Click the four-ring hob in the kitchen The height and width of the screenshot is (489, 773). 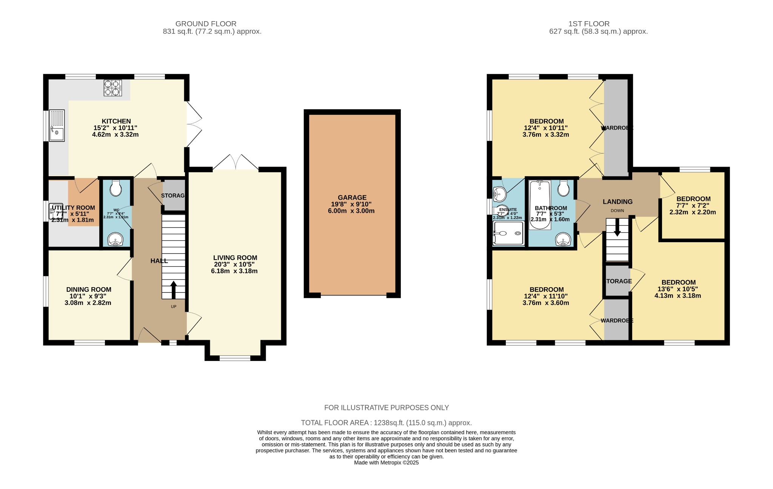click(x=113, y=88)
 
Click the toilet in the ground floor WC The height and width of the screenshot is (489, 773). click(x=115, y=188)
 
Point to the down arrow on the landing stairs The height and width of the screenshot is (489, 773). click(x=617, y=228)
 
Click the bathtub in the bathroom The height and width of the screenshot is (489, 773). click(x=540, y=205)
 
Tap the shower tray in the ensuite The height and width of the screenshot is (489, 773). click(x=508, y=233)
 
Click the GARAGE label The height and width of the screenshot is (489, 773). click(x=352, y=197)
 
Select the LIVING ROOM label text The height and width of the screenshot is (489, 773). click(x=235, y=258)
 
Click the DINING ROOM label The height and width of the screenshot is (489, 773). click(x=89, y=289)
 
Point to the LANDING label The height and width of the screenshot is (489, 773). click(x=617, y=202)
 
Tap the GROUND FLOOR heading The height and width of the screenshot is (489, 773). click(x=206, y=24)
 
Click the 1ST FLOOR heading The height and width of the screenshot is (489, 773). click(x=589, y=24)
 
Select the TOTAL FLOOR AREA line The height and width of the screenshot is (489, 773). click(x=386, y=423)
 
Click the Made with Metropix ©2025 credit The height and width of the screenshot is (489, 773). click(x=386, y=463)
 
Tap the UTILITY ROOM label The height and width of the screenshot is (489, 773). click(x=73, y=207)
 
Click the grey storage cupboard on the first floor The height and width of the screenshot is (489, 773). click(x=617, y=281)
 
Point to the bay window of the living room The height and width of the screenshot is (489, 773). click(x=235, y=357)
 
